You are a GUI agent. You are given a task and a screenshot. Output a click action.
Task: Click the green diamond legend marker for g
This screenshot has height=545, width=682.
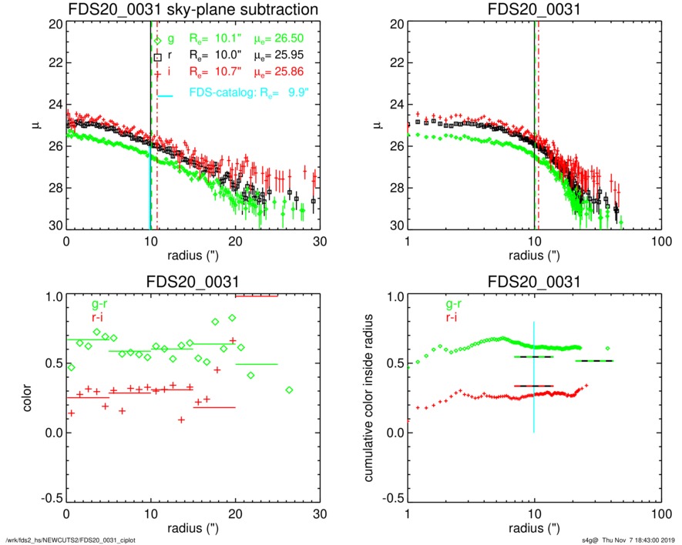pos(158,41)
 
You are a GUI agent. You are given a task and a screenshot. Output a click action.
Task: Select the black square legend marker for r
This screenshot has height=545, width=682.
pos(158,57)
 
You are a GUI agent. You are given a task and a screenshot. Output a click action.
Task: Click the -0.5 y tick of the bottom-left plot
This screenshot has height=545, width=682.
pos(51,498)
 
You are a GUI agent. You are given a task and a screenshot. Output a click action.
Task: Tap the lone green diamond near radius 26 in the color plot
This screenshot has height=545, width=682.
pos(289,390)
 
